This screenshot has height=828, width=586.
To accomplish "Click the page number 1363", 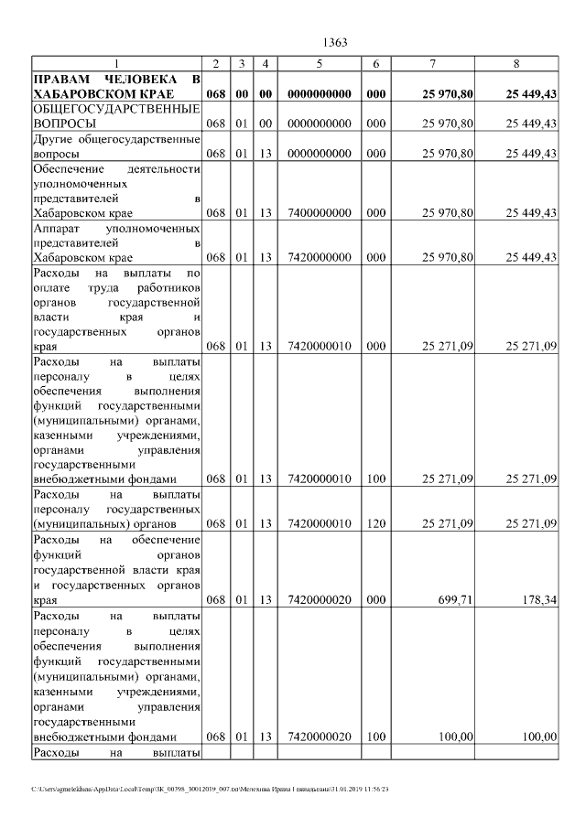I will tap(337, 43).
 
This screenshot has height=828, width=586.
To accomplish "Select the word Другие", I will tap(53, 139).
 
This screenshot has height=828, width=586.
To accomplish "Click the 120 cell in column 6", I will tap(375, 523).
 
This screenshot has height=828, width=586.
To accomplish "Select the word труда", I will tap(98, 286).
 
